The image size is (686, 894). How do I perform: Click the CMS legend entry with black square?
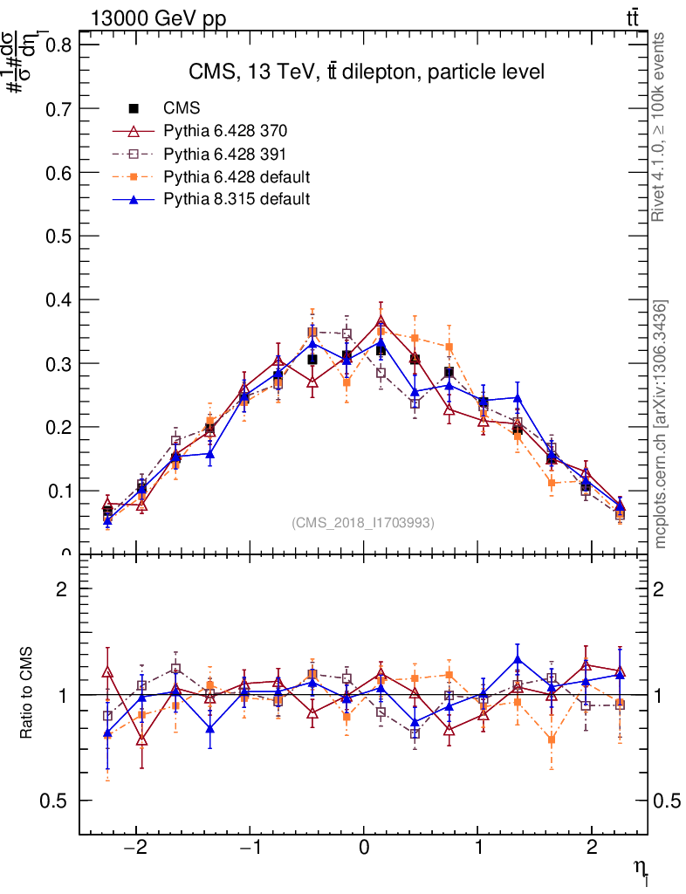(x=182, y=109)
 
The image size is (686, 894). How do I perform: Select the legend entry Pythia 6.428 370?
(x=225, y=132)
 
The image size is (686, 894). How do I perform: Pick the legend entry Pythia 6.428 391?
(x=225, y=155)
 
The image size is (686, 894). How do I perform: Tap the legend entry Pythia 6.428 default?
(x=237, y=177)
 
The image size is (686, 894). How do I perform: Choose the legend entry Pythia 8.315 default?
(x=237, y=200)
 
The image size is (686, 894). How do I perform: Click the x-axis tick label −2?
(x=135, y=849)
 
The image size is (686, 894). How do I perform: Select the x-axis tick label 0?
(x=363, y=849)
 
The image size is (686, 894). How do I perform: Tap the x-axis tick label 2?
(x=592, y=849)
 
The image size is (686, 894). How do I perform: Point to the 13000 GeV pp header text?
(x=158, y=20)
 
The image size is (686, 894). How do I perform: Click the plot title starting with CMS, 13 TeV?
(x=367, y=72)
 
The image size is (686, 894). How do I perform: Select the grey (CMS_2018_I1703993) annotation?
(x=363, y=522)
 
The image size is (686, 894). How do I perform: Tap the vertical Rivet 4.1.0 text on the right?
(x=660, y=127)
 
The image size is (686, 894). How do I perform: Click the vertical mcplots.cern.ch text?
(x=661, y=423)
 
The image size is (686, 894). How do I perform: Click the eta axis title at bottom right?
(x=642, y=870)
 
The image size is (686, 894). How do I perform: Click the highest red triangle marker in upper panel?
(x=381, y=321)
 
